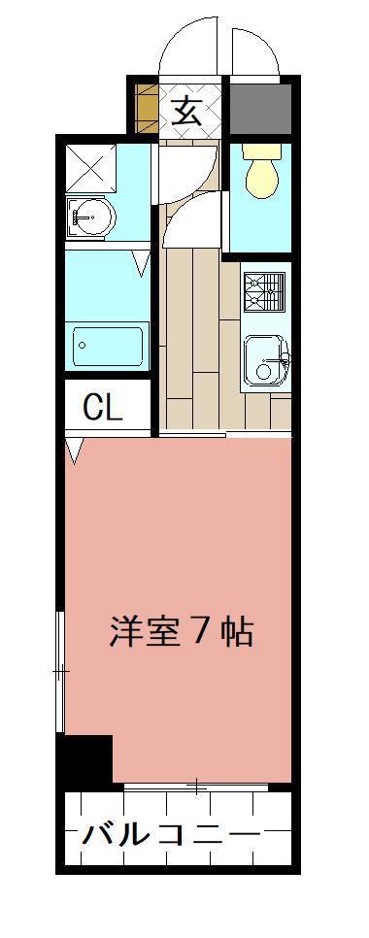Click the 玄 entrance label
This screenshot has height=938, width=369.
(187, 110)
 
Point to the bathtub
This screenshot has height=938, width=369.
(109, 345)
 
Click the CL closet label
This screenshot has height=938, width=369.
(103, 409)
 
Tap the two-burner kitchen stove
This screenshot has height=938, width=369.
(264, 288)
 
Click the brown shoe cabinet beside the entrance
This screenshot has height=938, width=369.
(146, 108)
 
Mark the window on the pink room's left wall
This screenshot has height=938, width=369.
(61, 670)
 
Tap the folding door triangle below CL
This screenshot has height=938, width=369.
(75, 450)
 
